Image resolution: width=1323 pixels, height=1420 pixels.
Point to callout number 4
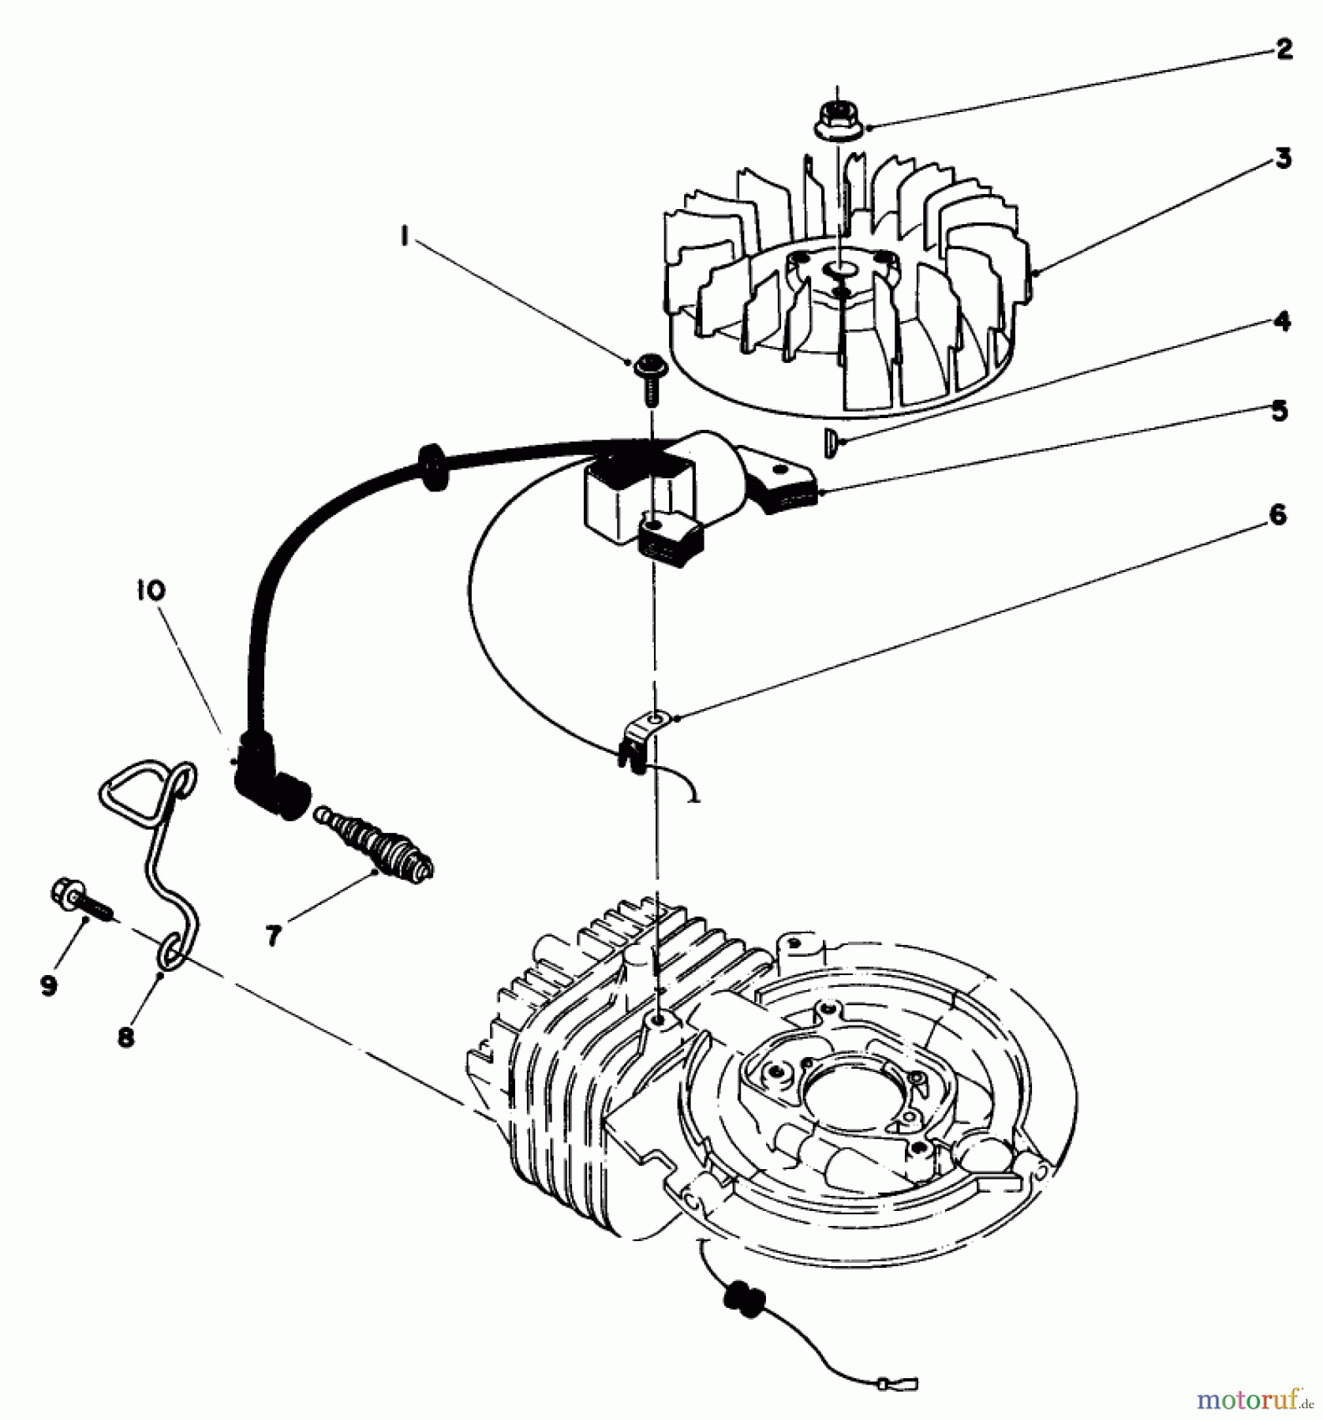pyautogui.click(x=1282, y=322)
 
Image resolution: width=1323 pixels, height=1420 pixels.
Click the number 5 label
pyautogui.click(x=1280, y=411)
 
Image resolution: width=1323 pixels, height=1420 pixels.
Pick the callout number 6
pyautogui.click(x=1277, y=515)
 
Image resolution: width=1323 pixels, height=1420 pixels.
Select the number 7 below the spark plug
pyautogui.click(x=273, y=936)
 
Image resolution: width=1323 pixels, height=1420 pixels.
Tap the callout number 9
pyautogui.click(x=49, y=985)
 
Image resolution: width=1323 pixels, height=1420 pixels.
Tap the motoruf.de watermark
pyautogui.click(x=1255, y=1400)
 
